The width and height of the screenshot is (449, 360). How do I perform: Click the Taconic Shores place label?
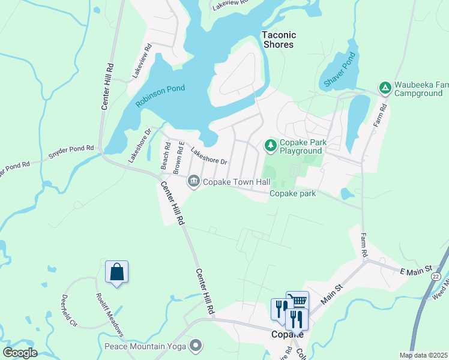click(x=279, y=40)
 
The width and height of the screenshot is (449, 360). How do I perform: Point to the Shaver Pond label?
click(x=340, y=70)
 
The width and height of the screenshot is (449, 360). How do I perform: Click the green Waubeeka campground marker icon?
click(x=384, y=89)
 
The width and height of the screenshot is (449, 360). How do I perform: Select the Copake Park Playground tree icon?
click(x=271, y=145)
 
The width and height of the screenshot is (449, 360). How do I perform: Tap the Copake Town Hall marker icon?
click(x=193, y=181)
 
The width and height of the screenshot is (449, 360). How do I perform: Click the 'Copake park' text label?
click(x=292, y=193)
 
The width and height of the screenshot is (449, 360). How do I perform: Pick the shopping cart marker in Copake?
click(x=297, y=302)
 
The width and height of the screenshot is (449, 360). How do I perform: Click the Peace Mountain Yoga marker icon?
click(x=196, y=346)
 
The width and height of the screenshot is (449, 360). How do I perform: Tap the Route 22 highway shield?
click(x=436, y=276)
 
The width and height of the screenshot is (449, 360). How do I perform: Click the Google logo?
click(x=20, y=353)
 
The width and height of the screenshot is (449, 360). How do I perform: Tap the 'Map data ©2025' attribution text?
click(x=423, y=355)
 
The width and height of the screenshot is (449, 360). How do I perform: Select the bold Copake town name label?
click(x=286, y=334)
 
